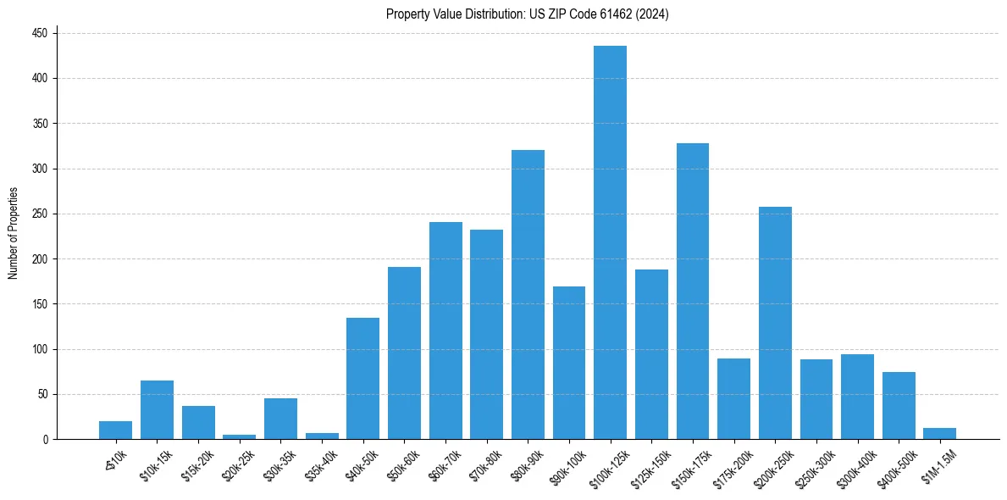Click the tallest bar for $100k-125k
(610, 242)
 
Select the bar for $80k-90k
(528, 294)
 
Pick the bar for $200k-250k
(775, 323)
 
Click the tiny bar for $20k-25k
(240, 437)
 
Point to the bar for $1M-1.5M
(939, 434)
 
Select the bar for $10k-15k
(157, 410)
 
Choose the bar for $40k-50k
(362, 379)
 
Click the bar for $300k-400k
(857, 397)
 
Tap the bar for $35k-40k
(322, 436)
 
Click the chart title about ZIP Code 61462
(528, 14)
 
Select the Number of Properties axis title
(13, 233)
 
